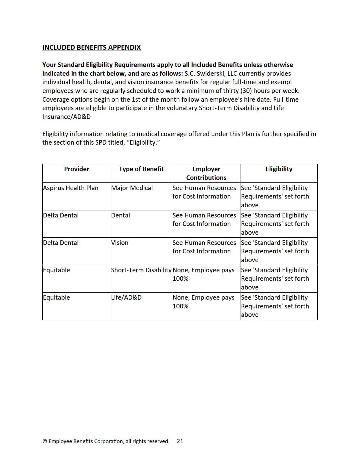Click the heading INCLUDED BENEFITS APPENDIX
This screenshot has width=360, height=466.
91,47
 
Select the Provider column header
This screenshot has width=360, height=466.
77,169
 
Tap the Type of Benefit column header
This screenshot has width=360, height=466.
141,169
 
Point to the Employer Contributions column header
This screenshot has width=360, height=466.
206,173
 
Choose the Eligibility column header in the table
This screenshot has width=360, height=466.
279,169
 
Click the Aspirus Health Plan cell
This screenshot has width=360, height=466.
71,188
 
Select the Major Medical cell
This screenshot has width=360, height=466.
132,188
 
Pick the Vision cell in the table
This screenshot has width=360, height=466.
120,243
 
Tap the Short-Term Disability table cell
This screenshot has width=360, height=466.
141,270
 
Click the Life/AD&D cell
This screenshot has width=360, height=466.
126,298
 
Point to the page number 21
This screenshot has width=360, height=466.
180,441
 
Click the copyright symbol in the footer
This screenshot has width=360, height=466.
45,441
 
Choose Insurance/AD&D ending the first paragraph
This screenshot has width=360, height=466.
66,117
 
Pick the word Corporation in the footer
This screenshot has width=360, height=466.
108,441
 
